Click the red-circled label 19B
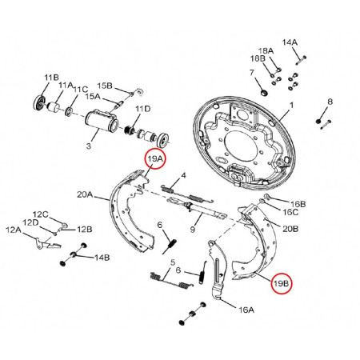[281, 283]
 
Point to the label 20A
[86, 194]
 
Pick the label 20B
[290, 227]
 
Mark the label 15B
[105, 86]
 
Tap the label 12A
[14, 230]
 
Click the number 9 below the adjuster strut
[193, 230]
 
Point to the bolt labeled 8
[322, 122]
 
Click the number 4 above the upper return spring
[183, 175]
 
